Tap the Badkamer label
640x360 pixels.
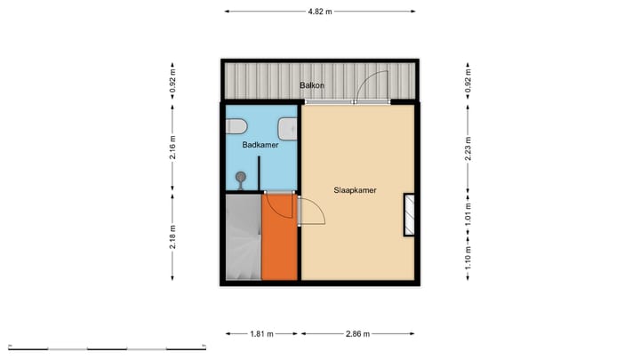click(x=260, y=142)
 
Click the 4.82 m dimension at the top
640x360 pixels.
click(x=320, y=12)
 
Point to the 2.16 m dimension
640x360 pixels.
click(x=172, y=147)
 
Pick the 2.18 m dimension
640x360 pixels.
click(x=172, y=236)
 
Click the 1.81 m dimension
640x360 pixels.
click(x=261, y=334)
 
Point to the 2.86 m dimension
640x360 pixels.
click(x=358, y=334)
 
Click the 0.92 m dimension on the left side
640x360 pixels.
click(x=172, y=82)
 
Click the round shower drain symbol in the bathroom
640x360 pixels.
click(x=240, y=178)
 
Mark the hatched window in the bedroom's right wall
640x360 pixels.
click(x=410, y=215)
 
